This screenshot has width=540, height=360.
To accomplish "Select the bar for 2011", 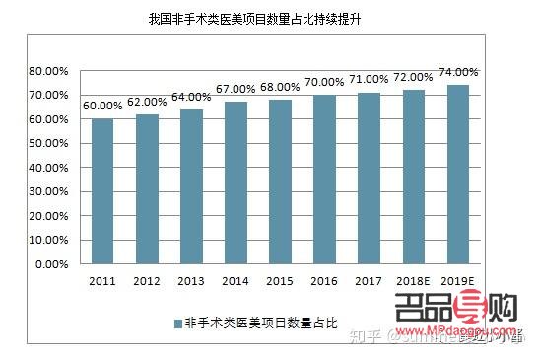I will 102,191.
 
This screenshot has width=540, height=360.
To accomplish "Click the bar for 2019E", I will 458,175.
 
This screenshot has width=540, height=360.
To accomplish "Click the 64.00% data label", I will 192,97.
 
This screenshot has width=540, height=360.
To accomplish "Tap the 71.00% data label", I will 370,80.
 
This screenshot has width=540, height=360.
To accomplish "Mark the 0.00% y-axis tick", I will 48,264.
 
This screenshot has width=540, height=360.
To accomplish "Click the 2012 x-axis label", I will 147,282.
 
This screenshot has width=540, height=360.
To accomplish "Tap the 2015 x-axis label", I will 281,282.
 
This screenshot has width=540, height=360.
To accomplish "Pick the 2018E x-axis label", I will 414,282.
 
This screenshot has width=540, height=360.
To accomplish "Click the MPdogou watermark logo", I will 455,315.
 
